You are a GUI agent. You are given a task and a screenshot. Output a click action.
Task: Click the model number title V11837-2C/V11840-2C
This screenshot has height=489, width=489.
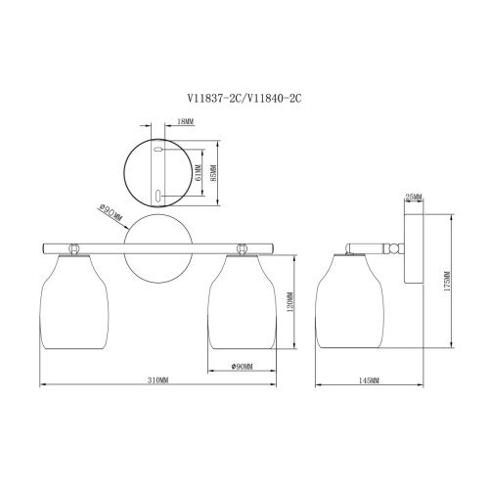(244, 98)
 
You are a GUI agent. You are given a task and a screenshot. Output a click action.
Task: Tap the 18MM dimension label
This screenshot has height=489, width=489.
(185, 121)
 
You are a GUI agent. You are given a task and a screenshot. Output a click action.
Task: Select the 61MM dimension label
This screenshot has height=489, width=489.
(198, 172)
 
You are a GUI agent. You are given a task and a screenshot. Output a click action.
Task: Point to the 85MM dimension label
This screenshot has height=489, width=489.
(213, 172)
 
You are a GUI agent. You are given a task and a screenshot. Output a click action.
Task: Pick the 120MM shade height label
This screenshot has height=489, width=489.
(290, 301)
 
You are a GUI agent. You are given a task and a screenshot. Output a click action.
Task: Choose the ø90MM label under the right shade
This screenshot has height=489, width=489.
(242, 367)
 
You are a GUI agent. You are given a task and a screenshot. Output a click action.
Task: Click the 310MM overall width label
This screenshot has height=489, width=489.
(158, 380)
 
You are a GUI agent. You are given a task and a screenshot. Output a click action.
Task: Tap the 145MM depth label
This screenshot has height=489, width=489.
(369, 380)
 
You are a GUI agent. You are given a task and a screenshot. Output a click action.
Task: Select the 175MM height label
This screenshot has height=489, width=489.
(447, 281)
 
